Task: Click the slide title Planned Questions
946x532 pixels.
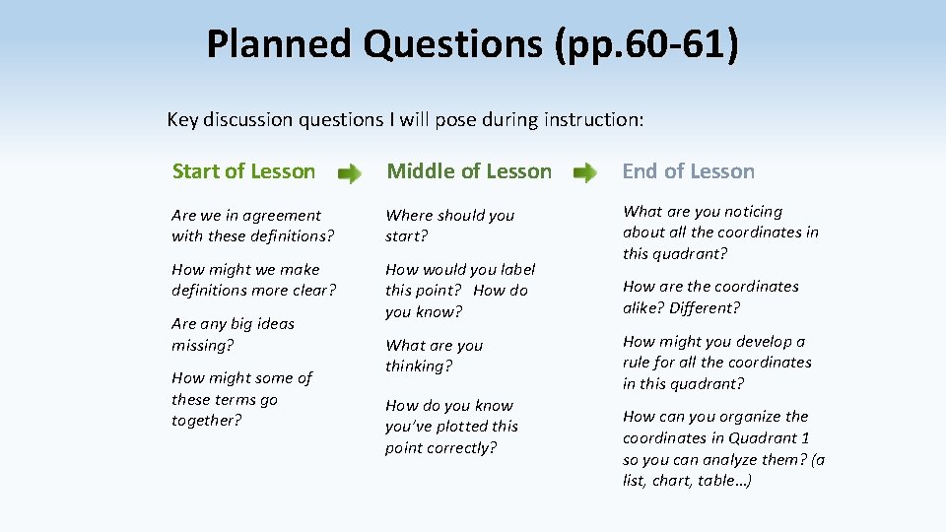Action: pos(375,44)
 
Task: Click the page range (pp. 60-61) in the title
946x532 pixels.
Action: pos(645,44)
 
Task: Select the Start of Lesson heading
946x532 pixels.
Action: pos(243,171)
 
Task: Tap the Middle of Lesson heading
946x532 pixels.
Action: pos(468,171)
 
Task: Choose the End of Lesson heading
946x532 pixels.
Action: pos(688,171)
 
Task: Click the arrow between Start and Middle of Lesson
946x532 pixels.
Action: pos(350,174)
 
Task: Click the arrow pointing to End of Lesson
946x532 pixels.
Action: pos(585,174)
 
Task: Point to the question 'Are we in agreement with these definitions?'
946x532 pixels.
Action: pos(252,226)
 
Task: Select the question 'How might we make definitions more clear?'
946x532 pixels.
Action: pos(253,280)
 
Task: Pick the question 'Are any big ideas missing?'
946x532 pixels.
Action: pos(233,334)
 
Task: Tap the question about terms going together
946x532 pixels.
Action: pos(241,399)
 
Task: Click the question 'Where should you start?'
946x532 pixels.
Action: pos(449,226)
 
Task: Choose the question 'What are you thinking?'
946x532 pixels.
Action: pos(434,356)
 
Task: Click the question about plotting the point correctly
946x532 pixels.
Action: pos(451,427)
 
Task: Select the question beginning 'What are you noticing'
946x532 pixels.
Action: pos(719,233)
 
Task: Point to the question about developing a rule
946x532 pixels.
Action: pos(716,363)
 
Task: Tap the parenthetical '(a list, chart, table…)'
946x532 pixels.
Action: pos(724,471)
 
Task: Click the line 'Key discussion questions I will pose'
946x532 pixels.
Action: pos(405,120)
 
